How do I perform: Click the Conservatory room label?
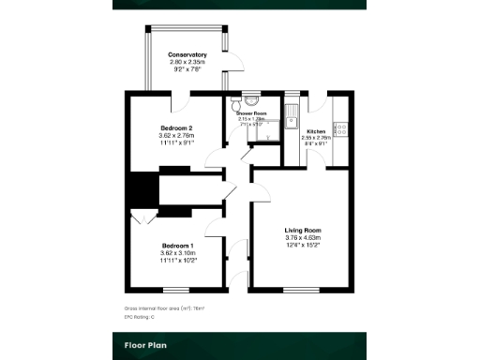(x=187, y=55)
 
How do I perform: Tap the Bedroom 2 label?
(x=175, y=127)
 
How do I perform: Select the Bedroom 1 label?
(x=175, y=245)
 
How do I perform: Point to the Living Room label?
(x=303, y=230)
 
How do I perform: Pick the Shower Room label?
(x=251, y=112)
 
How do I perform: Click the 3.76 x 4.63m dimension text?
(x=303, y=238)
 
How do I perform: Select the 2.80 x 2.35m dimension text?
(x=187, y=63)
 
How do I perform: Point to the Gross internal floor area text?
(x=164, y=307)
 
